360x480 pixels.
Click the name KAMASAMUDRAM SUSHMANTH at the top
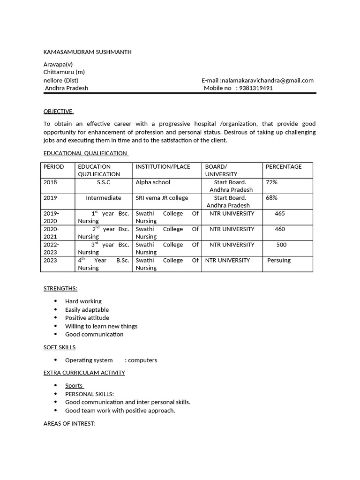coord(87,52)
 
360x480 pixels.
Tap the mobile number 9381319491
coord(255,88)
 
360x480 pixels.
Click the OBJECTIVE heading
coord(58,112)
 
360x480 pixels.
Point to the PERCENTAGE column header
coord(284,167)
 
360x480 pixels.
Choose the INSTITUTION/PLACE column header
coord(163,167)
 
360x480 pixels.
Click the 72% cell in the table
coord(271,182)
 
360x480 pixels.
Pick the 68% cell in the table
coord(271,198)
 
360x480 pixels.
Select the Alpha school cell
coord(153,182)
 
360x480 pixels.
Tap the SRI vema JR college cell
coord(162,198)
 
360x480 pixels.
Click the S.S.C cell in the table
coord(104,182)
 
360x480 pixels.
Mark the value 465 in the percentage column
coord(280,214)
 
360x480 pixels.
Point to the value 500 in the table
coord(281,245)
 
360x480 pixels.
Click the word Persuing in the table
coord(279,260)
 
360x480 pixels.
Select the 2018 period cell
coord(50,182)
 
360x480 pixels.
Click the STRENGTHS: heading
coord(60,288)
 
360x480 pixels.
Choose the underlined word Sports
coord(74,386)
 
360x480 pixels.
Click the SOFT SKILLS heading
coord(60,347)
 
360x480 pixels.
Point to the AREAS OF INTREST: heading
coord(69,424)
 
